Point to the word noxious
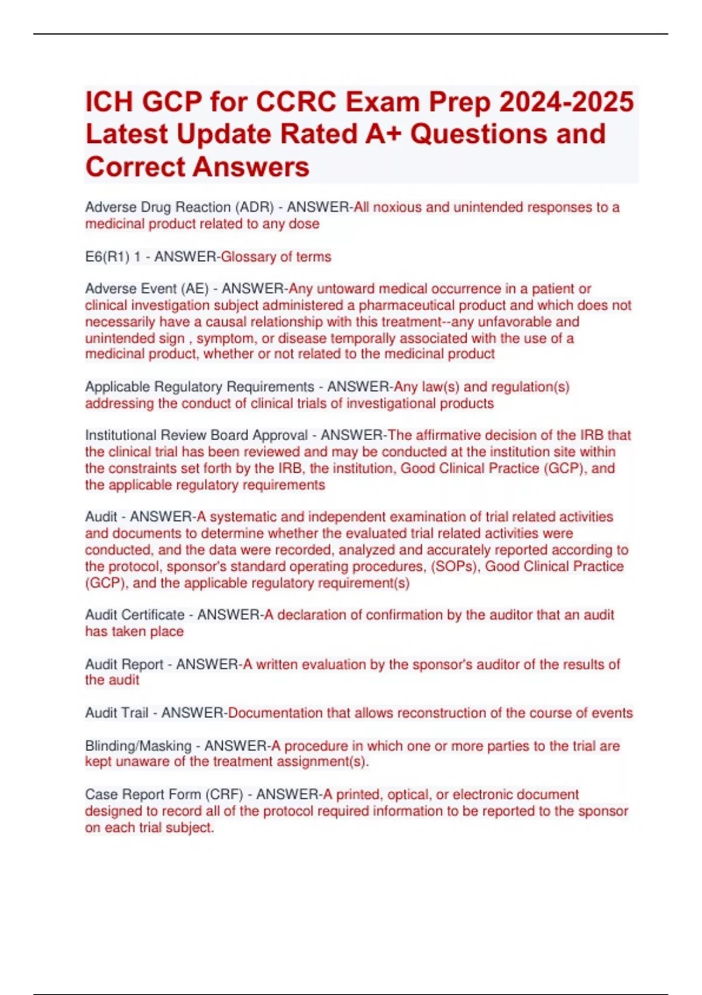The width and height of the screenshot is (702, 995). [397, 207]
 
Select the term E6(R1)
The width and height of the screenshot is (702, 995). [108, 257]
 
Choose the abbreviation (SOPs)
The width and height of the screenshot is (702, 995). [453, 567]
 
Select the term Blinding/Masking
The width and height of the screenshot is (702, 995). [138, 746]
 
